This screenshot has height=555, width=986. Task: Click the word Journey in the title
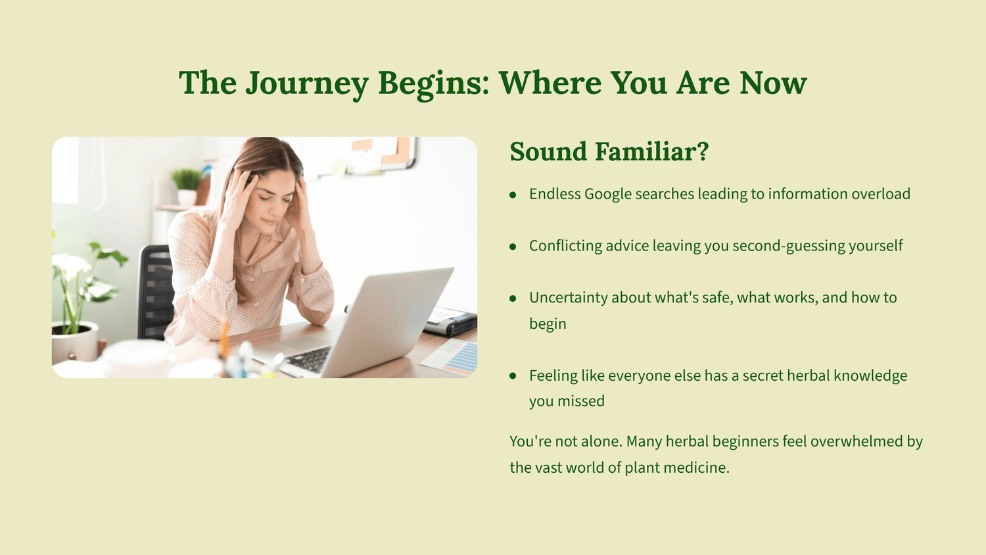307,84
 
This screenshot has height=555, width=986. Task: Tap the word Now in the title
773,83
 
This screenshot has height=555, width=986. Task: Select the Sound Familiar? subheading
609,151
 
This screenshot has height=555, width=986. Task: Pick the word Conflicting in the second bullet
565,246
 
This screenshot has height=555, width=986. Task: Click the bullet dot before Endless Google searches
513,195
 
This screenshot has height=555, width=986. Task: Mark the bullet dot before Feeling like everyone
513,376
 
